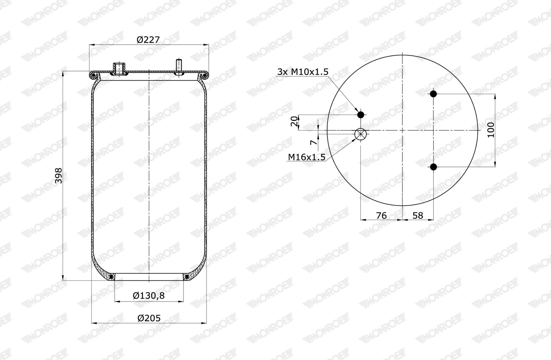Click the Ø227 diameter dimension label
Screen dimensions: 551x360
[x=148, y=40]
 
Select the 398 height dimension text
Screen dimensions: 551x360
[x=59, y=176]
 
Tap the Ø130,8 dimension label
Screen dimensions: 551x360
[x=149, y=296]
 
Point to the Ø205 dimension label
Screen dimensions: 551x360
[x=149, y=318]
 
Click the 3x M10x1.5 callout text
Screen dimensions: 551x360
[x=303, y=72]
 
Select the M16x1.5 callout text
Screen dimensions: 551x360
[x=306, y=157]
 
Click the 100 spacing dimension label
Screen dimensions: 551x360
[x=490, y=130]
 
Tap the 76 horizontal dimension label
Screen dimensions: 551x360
[x=381, y=216]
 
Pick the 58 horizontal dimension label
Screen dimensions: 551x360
[x=418, y=216]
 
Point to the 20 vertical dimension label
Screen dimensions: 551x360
[x=294, y=121]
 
